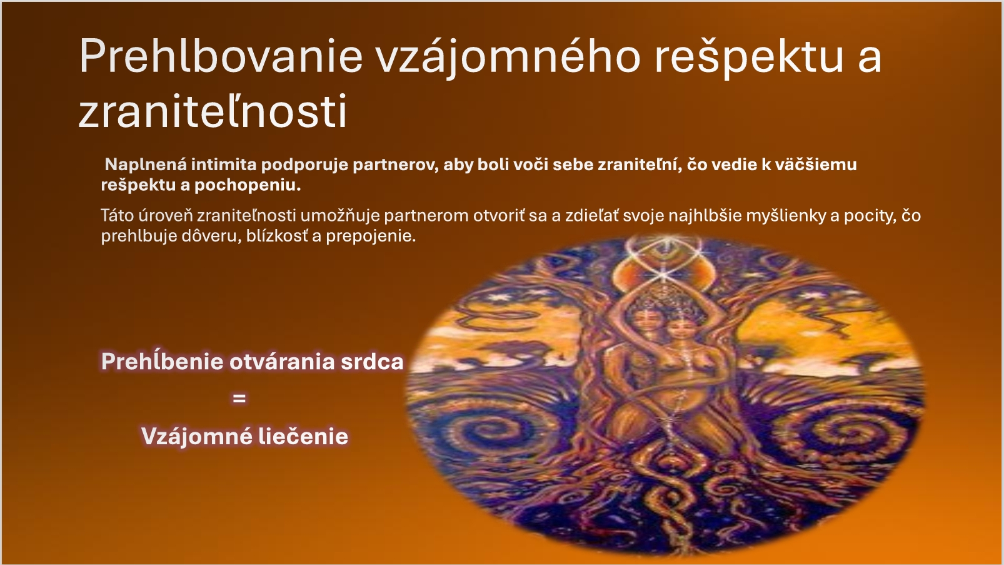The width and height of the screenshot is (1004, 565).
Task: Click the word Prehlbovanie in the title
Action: (221, 56)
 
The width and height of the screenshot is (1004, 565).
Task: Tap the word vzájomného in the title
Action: (509, 58)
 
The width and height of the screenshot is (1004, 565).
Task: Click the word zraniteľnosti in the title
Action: (213, 111)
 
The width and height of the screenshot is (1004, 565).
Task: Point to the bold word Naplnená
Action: (145, 165)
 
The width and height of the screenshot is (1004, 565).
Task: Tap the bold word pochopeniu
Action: (248, 186)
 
